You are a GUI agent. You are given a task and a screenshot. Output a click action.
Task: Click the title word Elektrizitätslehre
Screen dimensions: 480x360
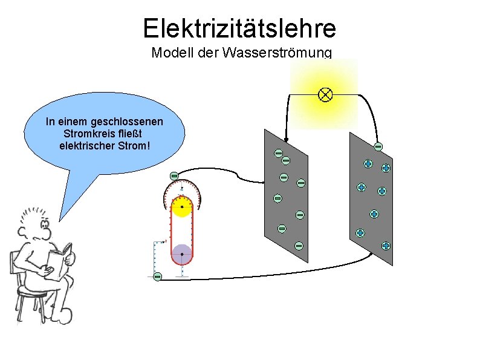click(239, 28)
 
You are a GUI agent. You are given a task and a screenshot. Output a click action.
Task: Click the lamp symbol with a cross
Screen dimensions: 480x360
click(325, 94)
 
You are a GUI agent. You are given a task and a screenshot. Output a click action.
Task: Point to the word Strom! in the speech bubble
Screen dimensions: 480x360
click(134, 145)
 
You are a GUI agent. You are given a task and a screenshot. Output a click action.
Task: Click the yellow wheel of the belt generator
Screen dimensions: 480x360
click(181, 207)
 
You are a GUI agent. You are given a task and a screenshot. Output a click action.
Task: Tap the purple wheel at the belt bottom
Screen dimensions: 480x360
click(181, 254)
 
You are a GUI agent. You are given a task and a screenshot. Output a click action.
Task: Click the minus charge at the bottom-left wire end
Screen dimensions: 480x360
click(157, 277)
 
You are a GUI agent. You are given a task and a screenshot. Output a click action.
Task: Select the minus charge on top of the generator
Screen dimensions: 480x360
click(174, 175)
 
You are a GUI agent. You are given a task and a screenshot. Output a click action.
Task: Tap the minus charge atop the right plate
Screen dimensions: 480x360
click(378, 146)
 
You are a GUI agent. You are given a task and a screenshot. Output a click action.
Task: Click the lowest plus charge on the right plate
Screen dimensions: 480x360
click(386, 246)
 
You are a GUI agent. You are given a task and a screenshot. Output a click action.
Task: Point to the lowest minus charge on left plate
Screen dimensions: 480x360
click(299, 246)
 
